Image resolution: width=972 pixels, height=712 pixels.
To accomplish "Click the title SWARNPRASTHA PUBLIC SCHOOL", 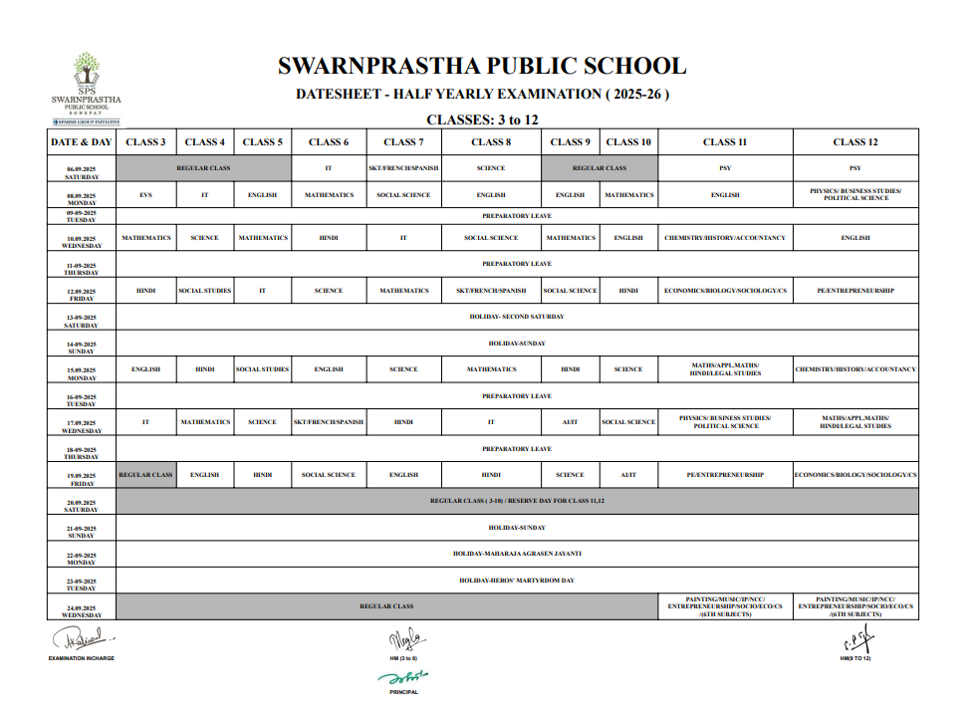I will click(482, 67).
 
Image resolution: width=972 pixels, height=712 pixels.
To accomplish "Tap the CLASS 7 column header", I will click(403, 142).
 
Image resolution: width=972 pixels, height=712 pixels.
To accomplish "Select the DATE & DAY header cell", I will click(81, 142).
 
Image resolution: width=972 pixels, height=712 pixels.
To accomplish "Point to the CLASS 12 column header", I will click(854, 142).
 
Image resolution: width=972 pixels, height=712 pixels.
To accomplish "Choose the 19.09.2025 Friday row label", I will click(81, 478).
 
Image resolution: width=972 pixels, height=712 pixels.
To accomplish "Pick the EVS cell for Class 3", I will click(145, 195).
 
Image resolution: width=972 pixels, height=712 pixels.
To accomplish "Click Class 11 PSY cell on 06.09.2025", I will click(724, 168).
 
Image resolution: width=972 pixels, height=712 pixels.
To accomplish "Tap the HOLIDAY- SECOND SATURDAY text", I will click(516, 317).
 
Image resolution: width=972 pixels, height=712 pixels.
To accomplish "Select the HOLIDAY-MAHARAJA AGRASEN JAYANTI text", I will click(517, 553).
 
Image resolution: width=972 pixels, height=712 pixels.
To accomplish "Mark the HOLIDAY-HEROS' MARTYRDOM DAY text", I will click(517, 580).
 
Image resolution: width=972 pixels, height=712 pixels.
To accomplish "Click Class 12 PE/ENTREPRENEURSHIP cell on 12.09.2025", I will click(854, 291).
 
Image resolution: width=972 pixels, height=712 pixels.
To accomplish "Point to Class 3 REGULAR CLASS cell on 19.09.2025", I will click(145, 475).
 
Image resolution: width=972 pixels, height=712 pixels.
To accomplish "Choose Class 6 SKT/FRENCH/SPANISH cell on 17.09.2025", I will click(329, 422).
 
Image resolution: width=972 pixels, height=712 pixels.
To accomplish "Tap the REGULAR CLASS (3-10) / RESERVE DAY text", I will click(517, 501).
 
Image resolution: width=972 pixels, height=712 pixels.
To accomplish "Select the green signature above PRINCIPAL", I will click(403, 677).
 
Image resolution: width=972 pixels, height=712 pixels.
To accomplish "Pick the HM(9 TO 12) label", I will click(854, 659).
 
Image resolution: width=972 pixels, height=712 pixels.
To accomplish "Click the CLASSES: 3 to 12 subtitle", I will click(482, 119).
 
